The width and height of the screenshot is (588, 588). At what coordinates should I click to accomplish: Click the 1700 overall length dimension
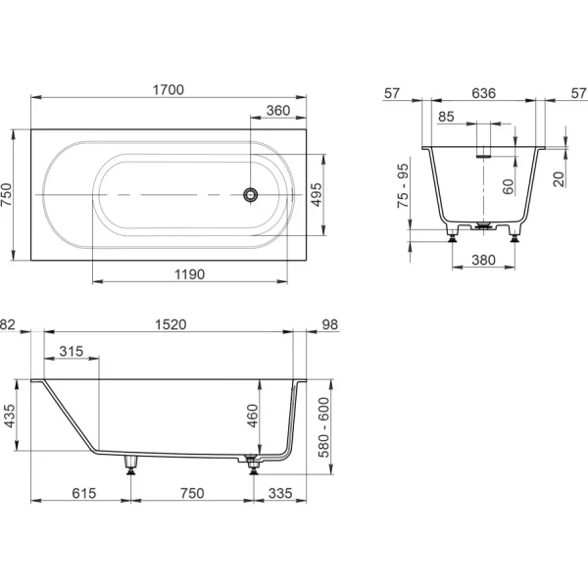click(x=169, y=90)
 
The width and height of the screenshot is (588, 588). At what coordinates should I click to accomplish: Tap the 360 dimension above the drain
click(x=278, y=111)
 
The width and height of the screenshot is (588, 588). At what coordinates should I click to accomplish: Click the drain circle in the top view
click(x=250, y=195)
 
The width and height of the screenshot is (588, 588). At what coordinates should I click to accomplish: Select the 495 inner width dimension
click(x=317, y=195)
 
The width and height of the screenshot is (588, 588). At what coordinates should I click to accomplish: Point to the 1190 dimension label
click(x=190, y=274)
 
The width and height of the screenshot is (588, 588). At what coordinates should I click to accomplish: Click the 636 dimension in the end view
click(x=484, y=93)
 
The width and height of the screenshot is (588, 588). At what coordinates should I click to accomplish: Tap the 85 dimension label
click(x=446, y=117)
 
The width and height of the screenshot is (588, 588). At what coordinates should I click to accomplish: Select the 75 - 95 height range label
click(x=403, y=185)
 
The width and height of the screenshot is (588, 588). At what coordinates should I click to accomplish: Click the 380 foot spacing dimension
click(x=484, y=260)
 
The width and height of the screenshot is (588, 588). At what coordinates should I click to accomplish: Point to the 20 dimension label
click(x=559, y=179)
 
